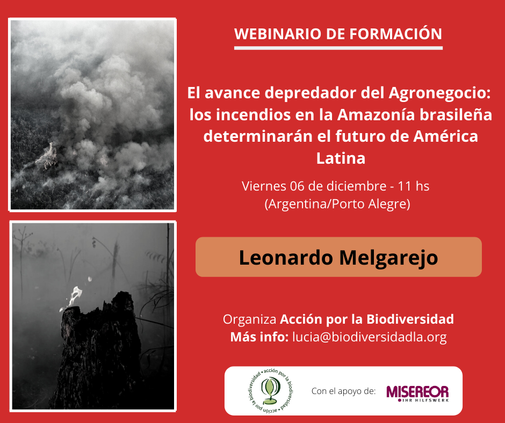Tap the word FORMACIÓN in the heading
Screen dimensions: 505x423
396,33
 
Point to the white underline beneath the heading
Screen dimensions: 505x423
338,48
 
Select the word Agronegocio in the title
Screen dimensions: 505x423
439,93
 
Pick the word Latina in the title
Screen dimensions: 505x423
341,158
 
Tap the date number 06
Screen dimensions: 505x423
297,186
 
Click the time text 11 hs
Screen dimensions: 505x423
414,186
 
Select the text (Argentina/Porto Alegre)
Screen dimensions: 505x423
337,204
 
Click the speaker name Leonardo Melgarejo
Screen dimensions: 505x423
338,258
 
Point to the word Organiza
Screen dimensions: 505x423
250,319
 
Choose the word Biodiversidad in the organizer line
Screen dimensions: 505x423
410,319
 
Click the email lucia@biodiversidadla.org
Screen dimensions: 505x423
370,337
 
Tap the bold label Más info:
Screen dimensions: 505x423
259,337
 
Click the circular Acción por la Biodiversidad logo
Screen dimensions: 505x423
271,390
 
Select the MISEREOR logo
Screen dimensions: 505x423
417,393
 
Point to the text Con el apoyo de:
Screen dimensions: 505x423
343,391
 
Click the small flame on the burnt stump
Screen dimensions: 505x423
75,297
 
